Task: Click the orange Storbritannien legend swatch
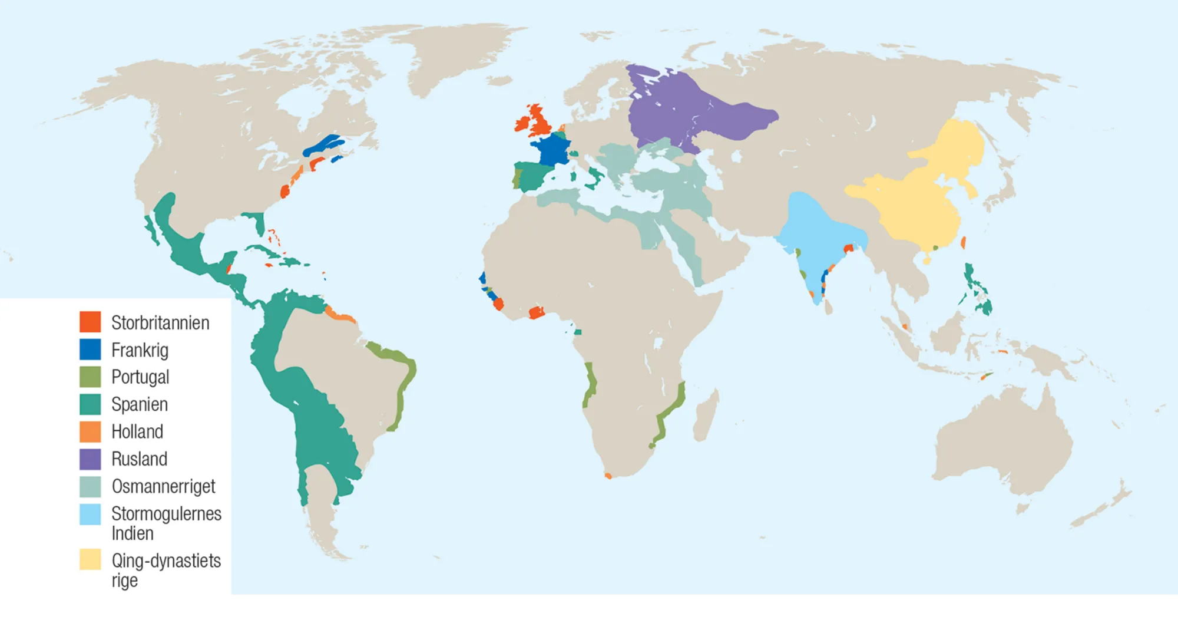tap(90, 322)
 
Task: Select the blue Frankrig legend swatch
tap(90, 349)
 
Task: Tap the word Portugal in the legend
tap(140, 377)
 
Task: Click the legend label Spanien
tap(140, 404)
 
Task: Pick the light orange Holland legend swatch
tap(90, 431)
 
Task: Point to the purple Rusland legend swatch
tap(90, 459)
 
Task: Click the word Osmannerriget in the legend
tap(163, 486)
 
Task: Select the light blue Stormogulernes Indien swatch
tap(90, 514)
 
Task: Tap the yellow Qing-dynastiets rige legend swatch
tap(90, 559)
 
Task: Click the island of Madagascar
tap(706, 415)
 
